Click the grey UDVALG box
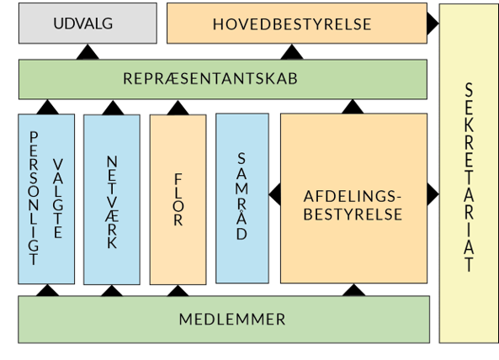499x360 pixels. pos(88,24)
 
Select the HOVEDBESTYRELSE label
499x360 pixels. pos(292,24)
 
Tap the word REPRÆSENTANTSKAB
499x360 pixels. pos(210,78)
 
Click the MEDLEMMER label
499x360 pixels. pos(232,319)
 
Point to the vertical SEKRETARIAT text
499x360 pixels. pos(469,177)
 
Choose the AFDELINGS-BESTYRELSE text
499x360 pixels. pos(353,205)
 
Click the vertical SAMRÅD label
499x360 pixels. pos(242,196)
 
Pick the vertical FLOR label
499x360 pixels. pos(178,199)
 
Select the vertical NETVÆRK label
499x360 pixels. pos(112,202)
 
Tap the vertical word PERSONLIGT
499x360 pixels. pos(34,199)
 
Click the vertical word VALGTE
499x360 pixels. pos(58,199)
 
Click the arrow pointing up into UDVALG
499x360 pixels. pos(88,52)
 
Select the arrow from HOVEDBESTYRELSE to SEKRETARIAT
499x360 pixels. pos(433,24)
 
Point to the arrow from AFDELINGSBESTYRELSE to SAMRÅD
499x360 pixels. pos(274,194)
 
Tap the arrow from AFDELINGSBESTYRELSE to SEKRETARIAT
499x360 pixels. pos(433,194)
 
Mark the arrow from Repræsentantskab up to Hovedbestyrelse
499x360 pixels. pos(292,52)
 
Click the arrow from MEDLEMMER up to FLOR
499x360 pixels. pos(178,291)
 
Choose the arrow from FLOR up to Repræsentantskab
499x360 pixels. pos(178,108)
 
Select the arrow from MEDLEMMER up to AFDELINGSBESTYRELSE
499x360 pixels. pos(353,290)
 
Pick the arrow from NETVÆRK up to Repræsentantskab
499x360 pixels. pos(113,108)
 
